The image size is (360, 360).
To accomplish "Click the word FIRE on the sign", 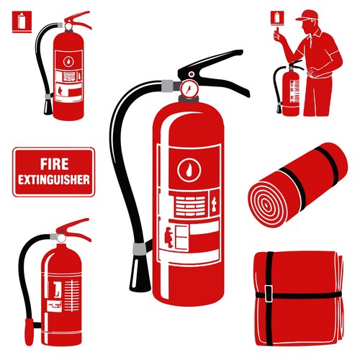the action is click(x=54, y=164).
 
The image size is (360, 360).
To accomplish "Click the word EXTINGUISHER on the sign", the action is click(x=54, y=180).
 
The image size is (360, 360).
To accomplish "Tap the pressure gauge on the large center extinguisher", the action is click(x=189, y=89).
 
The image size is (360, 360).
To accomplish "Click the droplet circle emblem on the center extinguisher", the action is click(x=189, y=169).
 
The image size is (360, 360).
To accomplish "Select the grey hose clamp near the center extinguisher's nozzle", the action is click(x=140, y=249).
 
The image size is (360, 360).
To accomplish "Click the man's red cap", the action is click(x=307, y=15).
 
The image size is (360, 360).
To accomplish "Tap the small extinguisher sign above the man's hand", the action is click(x=277, y=18).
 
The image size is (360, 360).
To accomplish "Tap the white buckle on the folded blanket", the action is click(x=269, y=294).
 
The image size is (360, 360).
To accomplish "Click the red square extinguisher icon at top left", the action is click(x=22, y=22).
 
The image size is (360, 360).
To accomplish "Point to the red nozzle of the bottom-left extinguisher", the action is click(x=30, y=332).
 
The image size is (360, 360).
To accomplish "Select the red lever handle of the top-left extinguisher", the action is click(x=78, y=19).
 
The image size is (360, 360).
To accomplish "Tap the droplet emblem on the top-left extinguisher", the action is click(x=68, y=61).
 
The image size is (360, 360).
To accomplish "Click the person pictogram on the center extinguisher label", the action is click(x=169, y=238).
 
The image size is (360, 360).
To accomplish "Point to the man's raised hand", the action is click(x=278, y=35).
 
